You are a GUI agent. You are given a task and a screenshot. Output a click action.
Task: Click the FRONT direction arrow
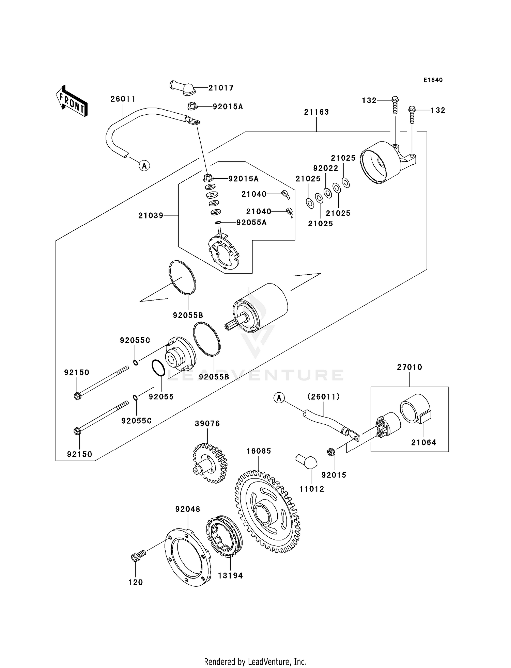(x=72, y=101)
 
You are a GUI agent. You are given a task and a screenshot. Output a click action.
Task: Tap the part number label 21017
(x=221, y=88)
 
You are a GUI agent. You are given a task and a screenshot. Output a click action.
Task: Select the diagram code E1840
(x=433, y=80)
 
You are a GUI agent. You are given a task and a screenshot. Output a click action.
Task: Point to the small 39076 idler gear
(x=210, y=463)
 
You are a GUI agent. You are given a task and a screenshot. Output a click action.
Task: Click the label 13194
(x=230, y=575)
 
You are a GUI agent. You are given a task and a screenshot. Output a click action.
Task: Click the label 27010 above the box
(x=409, y=367)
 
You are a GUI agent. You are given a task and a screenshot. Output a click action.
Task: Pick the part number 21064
(x=423, y=442)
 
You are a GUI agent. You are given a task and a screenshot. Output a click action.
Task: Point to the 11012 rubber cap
(x=306, y=462)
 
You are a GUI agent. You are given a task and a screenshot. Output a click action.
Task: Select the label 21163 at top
(x=316, y=112)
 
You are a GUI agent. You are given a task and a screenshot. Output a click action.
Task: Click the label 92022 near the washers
(x=326, y=168)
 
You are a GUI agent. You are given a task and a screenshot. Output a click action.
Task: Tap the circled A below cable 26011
(x=144, y=166)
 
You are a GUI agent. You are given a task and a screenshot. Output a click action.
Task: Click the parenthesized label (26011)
(x=323, y=396)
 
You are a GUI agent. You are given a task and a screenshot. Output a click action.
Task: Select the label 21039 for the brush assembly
(x=151, y=215)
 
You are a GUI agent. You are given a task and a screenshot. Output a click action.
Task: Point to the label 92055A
(x=251, y=223)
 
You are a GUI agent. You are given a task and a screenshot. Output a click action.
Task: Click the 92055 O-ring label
(x=161, y=396)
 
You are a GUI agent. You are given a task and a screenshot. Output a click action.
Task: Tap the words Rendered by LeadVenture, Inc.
(x=255, y=662)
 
